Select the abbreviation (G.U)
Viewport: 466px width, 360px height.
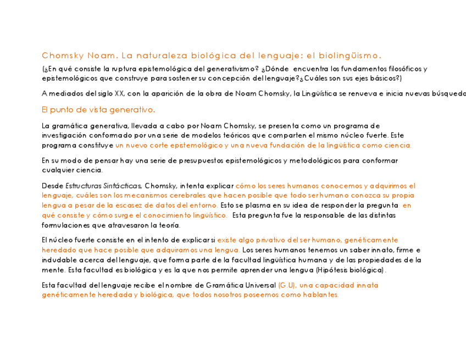[287, 285]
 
